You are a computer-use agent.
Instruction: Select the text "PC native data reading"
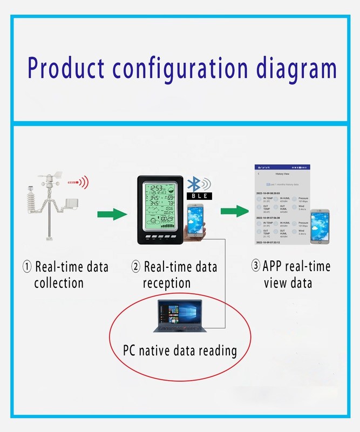click(180, 350)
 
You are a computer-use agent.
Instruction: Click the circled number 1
click(27, 267)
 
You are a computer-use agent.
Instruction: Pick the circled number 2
click(137, 267)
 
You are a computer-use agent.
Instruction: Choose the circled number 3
click(255, 266)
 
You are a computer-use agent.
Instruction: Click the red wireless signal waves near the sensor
click(84, 183)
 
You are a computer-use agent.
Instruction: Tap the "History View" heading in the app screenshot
click(283, 174)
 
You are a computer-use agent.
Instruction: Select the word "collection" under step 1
click(59, 282)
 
